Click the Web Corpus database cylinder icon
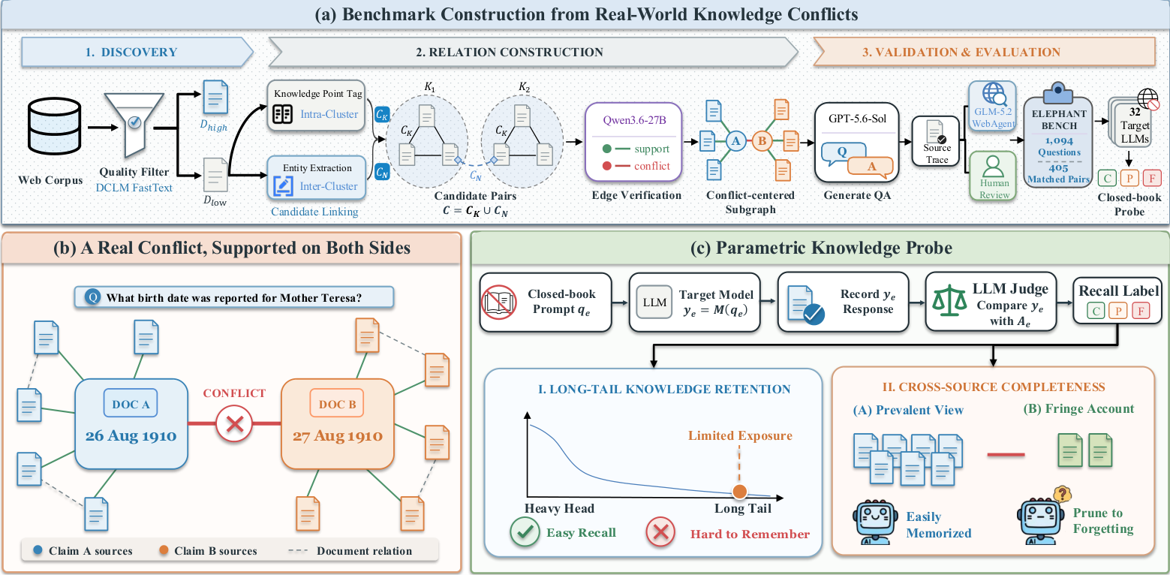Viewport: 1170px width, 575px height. click(x=54, y=126)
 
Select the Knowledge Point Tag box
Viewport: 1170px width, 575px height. click(x=317, y=105)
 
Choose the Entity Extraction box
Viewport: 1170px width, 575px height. click(x=317, y=178)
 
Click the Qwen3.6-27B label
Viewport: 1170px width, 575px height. click(x=634, y=120)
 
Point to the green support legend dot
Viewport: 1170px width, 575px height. click(x=606, y=149)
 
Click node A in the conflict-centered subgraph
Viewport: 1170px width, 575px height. click(x=735, y=141)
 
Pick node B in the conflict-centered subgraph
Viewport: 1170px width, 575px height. click(x=762, y=141)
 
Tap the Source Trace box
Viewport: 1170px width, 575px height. click(x=936, y=141)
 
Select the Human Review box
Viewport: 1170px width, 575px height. click(x=993, y=176)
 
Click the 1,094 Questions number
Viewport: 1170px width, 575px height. click(x=1059, y=140)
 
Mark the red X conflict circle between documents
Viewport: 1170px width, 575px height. click(x=234, y=423)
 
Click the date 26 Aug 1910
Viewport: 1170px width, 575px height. click(x=131, y=435)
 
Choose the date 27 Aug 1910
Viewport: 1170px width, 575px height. click(x=338, y=435)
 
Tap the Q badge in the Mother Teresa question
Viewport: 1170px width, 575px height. click(x=93, y=297)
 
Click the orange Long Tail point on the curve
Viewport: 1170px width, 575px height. click(x=740, y=492)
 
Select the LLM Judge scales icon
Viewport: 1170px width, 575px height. click(x=949, y=300)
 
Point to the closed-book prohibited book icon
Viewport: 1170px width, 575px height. click(x=499, y=303)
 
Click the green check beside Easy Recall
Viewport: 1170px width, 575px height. click(x=525, y=531)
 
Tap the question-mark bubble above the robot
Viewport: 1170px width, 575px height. click(x=1063, y=493)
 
